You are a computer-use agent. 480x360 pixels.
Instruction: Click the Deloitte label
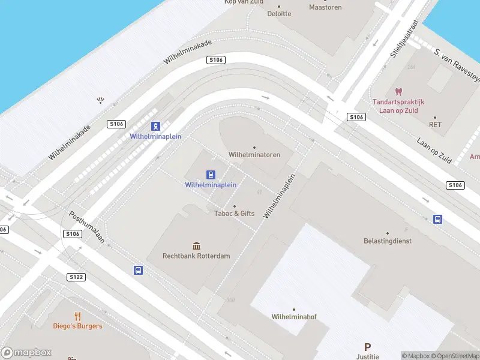click(x=279, y=13)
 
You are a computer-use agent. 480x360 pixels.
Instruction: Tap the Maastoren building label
click(x=325, y=7)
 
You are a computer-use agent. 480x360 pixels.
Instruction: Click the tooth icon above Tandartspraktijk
click(x=398, y=92)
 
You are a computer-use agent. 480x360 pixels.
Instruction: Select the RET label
click(x=435, y=125)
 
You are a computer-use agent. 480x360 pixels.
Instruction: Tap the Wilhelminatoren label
click(x=254, y=154)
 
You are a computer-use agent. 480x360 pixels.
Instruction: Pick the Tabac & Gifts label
click(x=235, y=213)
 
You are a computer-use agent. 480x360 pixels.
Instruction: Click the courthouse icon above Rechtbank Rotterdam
click(x=196, y=246)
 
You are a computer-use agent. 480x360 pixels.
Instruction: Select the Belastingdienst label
click(x=387, y=241)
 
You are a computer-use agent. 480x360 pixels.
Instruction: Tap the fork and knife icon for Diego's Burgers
click(x=77, y=316)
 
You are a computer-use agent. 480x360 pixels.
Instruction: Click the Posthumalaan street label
click(x=87, y=226)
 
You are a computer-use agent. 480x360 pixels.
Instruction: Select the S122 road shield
click(x=76, y=277)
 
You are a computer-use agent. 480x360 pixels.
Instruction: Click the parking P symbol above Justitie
click(x=367, y=347)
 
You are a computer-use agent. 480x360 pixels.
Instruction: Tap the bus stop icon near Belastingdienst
click(x=439, y=220)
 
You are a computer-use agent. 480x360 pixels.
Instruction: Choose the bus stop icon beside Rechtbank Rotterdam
click(x=138, y=271)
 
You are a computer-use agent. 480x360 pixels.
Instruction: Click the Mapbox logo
click(x=26, y=353)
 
